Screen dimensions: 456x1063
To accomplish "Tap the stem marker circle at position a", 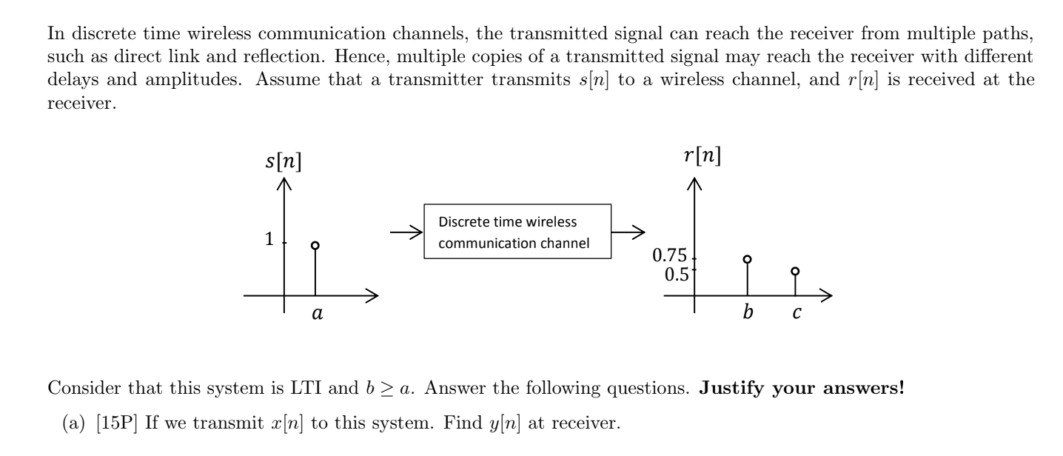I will tap(315, 245).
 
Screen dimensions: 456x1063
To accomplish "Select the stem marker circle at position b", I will tap(747, 259).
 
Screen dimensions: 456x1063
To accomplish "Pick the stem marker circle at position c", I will tap(795, 272).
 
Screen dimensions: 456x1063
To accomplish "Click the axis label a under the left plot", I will tap(316, 314).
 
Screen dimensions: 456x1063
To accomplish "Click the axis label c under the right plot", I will tap(797, 314).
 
